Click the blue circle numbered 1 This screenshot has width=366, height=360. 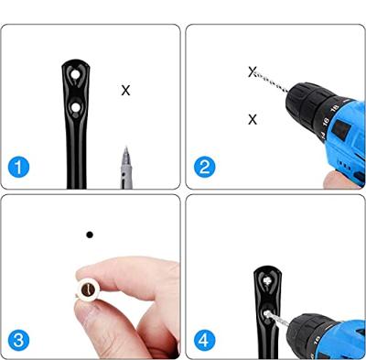click(x=18, y=168)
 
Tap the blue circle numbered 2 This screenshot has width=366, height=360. click(x=205, y=167)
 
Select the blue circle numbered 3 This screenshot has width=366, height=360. click(x=18, y=341)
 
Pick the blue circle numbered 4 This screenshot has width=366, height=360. click(x=205, y=341)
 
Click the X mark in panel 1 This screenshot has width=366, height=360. click(x=125, y=91)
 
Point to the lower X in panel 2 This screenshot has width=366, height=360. click(x=253, y=119)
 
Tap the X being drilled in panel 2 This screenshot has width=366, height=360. click(x=252, y=72)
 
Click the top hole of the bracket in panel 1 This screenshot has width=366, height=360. click(x=75, y=74)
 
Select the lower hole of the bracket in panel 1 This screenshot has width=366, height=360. click(x=75, y=107)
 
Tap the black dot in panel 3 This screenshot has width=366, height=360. click(x=90, y=235)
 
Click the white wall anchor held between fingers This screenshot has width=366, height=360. click(x=89, y=288)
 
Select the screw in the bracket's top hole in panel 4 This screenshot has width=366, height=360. click(x=268, y=280)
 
